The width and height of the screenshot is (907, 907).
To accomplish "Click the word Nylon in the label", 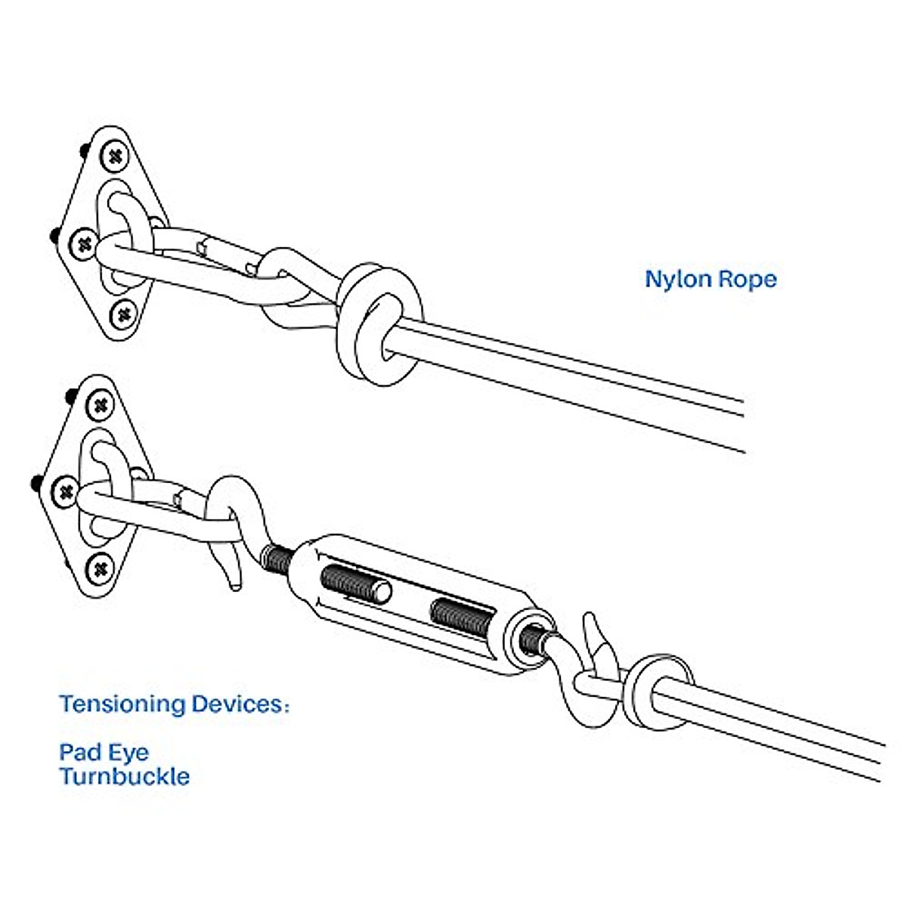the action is [x=678, y=280].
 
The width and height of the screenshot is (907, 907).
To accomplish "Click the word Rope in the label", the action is [x=748, y=280].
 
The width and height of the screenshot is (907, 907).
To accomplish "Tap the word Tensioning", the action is [x=122, y=705].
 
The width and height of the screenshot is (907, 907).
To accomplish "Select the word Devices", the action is [x=240, y=704].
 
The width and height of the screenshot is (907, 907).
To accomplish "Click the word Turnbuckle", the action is [x=125, y=776].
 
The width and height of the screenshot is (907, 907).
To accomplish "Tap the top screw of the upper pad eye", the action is [x=114, y=156].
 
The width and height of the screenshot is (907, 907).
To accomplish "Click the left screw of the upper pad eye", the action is [x=85, y=244].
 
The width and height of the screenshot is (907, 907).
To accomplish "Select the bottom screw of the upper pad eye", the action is [x=124, y=314].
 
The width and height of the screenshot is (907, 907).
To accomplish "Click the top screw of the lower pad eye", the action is [x=101, y=406].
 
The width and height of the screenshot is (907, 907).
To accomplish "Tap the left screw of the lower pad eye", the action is [x=66, y=493].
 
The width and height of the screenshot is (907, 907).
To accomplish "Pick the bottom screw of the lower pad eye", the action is [x=101, y=570].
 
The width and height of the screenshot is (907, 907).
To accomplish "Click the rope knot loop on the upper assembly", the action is [x=379, y=323].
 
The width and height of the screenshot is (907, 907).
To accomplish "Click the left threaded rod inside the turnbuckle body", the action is [x=356, y=586].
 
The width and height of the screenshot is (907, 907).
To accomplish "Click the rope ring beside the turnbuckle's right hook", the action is [x=659, y=692].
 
